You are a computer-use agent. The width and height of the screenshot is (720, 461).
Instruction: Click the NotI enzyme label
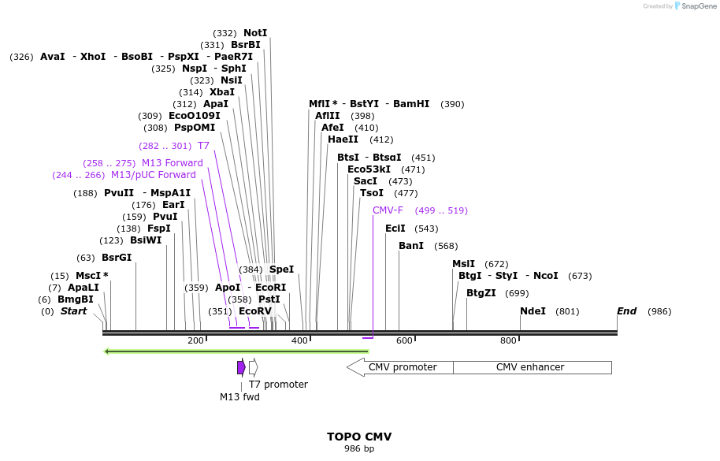click(255, 33)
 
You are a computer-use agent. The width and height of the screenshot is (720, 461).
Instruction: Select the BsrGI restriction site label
click(117, 258)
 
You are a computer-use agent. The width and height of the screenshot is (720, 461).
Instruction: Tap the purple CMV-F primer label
click(388, 210)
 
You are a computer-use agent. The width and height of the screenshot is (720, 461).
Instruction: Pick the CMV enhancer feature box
click(532, 367)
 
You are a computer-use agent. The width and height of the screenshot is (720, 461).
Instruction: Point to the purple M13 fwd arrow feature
click(241, 367)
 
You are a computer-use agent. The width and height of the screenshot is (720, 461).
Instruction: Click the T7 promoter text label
click(278, 385)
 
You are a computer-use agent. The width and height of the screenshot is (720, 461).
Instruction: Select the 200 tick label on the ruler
click(195, 340)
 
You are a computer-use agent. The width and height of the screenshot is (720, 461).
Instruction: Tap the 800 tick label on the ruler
click(508, 340)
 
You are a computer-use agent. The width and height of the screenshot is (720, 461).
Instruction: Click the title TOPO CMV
click(359, 437)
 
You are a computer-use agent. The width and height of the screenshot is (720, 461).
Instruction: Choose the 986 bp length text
click(359, 449)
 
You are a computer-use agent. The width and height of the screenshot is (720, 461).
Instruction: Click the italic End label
click(627, 311)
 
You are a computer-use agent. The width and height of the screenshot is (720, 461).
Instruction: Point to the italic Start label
click(73, 311)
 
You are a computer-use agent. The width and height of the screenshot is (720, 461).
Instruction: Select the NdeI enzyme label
click(533, 311)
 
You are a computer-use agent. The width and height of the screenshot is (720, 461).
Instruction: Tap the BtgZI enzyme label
click(481, 293)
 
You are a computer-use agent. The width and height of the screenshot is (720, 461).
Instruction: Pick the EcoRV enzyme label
click(254, 311)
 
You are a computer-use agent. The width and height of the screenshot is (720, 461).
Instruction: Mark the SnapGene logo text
click(699, 6)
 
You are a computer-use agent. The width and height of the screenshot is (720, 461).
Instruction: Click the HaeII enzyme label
click(343, 139)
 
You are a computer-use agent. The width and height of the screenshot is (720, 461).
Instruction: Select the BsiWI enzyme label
click(146, 240)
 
